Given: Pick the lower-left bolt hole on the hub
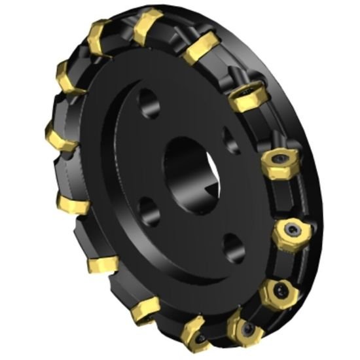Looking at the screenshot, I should click(x=149, y=213).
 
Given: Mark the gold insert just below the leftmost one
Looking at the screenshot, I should click(x=71, y=203).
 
